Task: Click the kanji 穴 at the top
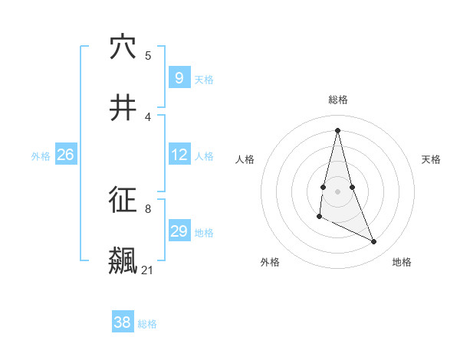(x=123, y=47)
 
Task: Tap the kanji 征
(x=123, y=201)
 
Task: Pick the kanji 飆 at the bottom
(x=123, y=260)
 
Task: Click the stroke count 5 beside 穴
(x=148, y=55)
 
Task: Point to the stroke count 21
(x=148, y=270)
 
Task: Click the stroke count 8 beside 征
(x=148, y=208)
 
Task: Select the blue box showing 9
(x=179, y=77)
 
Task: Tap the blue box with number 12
(x=179, y=155)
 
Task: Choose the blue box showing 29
(x=179, y=231)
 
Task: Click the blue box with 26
(x=65, y=155)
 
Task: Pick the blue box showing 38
(x=122, y=322)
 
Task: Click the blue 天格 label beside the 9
(x=204, y=79)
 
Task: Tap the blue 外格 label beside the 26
(x=41, y=156)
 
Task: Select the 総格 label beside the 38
(x=147, y=324)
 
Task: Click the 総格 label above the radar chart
(x=337, y=100)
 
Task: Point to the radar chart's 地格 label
(x=402, y=262)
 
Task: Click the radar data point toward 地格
(x=374, y=242)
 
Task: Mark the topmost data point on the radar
(x=337, y=129)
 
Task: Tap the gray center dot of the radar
(x=337, y=191)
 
